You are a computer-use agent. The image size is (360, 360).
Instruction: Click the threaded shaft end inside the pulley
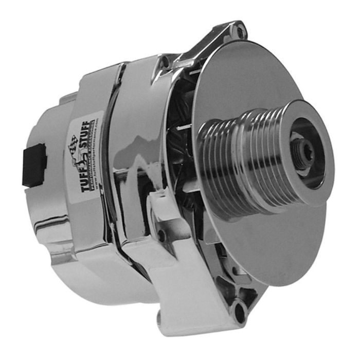click(303, 149)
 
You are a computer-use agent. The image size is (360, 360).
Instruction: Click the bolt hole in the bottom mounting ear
click(240, 310)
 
